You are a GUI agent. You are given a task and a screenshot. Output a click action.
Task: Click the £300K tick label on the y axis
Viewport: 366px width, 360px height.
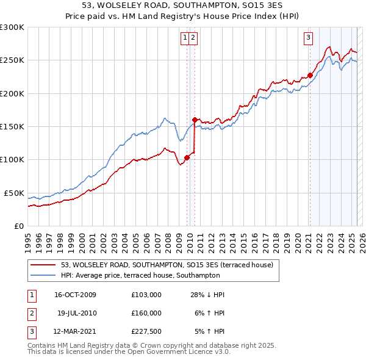pyautogui.click(x=12, y=27)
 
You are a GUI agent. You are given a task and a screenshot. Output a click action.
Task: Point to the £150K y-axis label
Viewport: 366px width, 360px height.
pyautogui.click(x=12, y=127)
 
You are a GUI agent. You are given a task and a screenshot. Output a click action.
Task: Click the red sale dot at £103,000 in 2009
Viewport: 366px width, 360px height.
pyautogui.click(x=187, y=157)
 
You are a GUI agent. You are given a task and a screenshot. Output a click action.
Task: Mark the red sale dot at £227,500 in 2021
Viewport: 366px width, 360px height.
pyautogui.click(x=310, y=75)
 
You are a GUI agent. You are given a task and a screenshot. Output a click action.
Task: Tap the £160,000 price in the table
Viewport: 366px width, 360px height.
pyautogui.click(x=146, y=313)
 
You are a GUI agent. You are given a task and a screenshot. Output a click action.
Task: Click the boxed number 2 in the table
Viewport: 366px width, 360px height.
pyautogui.click(x=30, y=313)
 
